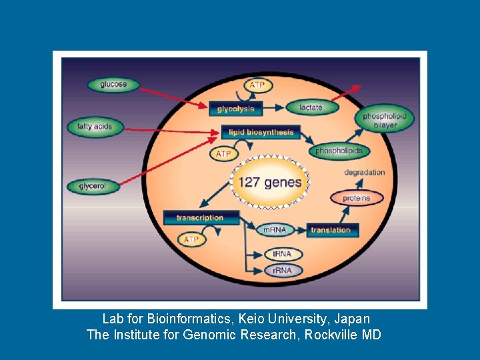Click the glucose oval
(x=113, y=85)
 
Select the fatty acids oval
(x=95, y=126)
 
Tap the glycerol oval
(x=93, y=186)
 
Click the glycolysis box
(x=235, y=109)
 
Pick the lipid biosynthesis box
(x=261, y=132)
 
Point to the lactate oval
(x=311, y=107)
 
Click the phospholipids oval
(x=339, y=151)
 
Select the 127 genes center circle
(x=269, y=182)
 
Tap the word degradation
(x=365, y=173)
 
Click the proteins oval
(x=358, y=198)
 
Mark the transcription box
(x=202, y=218)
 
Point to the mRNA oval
(x=275, y=230)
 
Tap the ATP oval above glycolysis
(x=257, y=85)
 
